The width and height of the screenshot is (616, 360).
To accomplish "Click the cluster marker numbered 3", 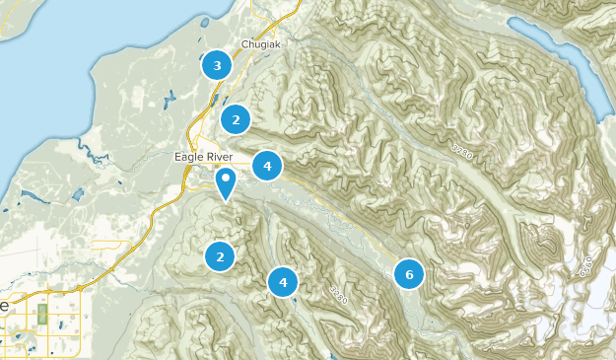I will click(x=217, y=66).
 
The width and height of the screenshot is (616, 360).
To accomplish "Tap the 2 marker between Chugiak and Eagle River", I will click(x=235, y=120).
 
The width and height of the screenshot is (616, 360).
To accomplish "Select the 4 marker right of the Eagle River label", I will click(x=267, y=166).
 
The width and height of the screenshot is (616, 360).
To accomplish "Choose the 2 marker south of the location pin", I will click(x=221, y=256).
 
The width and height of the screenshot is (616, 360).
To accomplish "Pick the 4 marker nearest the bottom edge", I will click(x=283, y=282).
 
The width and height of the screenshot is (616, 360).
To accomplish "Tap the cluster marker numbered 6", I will click(x=409, y=274).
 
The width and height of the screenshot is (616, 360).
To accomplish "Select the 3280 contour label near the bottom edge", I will click(x=340, y=293).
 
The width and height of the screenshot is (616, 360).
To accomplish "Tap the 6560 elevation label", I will click(x=585, y=265).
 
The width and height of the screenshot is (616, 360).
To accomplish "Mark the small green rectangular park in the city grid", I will click(x=41, y=316).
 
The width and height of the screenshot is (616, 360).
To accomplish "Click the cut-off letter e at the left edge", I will click(x=3, y=306).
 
